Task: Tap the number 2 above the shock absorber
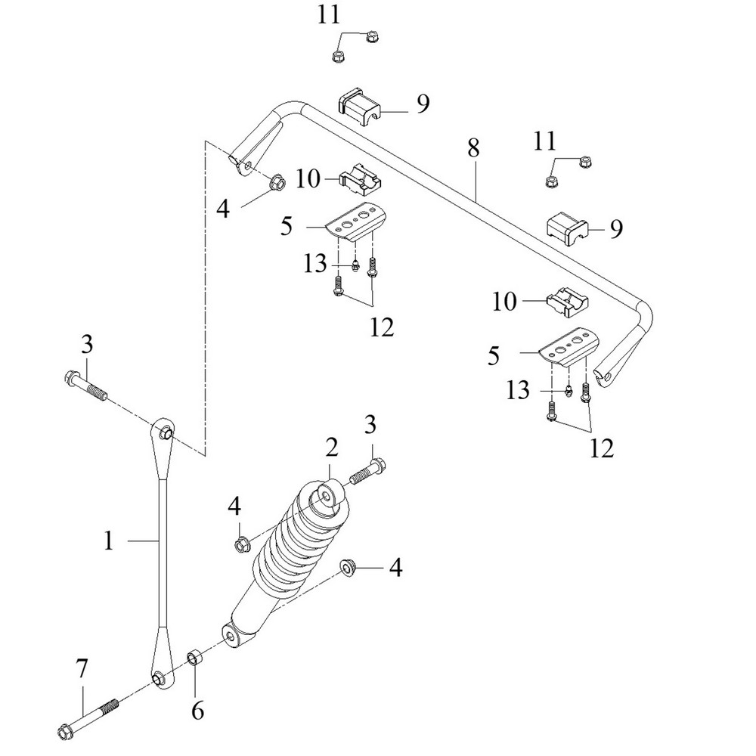pos(331,450)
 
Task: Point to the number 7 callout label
pos(82,668)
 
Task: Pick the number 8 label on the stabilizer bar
pos(473,148)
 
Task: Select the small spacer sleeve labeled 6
pos(194,655)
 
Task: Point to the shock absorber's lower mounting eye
pos(231,633)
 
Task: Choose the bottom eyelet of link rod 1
pos(160,679)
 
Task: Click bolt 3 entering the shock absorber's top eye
pos(367,471)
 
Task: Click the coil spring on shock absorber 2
pos(287,552)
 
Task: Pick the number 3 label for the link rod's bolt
pos(87,345)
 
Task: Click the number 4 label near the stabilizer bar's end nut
pos(223,208)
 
